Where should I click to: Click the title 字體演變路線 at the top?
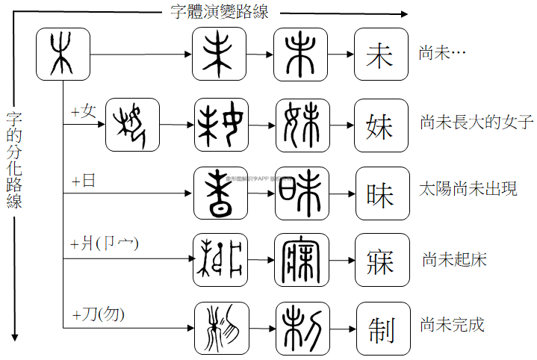(220, 12)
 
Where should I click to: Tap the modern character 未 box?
(381, 55)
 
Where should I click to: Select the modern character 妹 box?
(381, 123)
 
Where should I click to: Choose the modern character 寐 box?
(381, 259)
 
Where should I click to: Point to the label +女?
(84, 111)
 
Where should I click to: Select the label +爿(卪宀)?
(105, 243)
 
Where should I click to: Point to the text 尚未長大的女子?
(477, 122)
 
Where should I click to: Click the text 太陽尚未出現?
(468, 188)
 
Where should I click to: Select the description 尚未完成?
(452, 326)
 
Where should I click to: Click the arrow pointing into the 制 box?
(342, 327)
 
